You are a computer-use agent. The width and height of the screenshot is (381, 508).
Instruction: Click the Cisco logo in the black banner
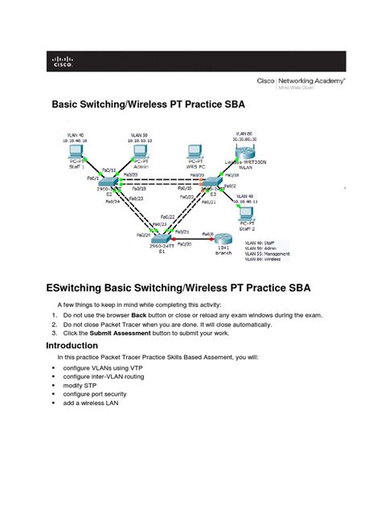[62, 62]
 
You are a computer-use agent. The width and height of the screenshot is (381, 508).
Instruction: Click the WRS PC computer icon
[193, 152]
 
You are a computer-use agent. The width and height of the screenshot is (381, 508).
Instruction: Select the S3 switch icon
[214, 185]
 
